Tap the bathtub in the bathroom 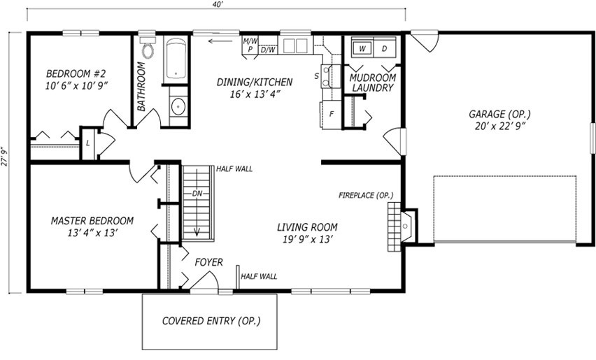176,60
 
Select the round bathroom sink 178,106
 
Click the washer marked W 362,48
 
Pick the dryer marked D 384,48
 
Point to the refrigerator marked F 331,114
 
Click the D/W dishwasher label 269,50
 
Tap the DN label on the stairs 197,194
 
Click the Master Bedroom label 92,221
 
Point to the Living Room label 307,227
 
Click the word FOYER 208,262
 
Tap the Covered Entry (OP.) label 211,321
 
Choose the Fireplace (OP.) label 366,195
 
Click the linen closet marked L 88,143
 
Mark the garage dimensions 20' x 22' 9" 500,126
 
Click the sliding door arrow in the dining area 220,41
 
